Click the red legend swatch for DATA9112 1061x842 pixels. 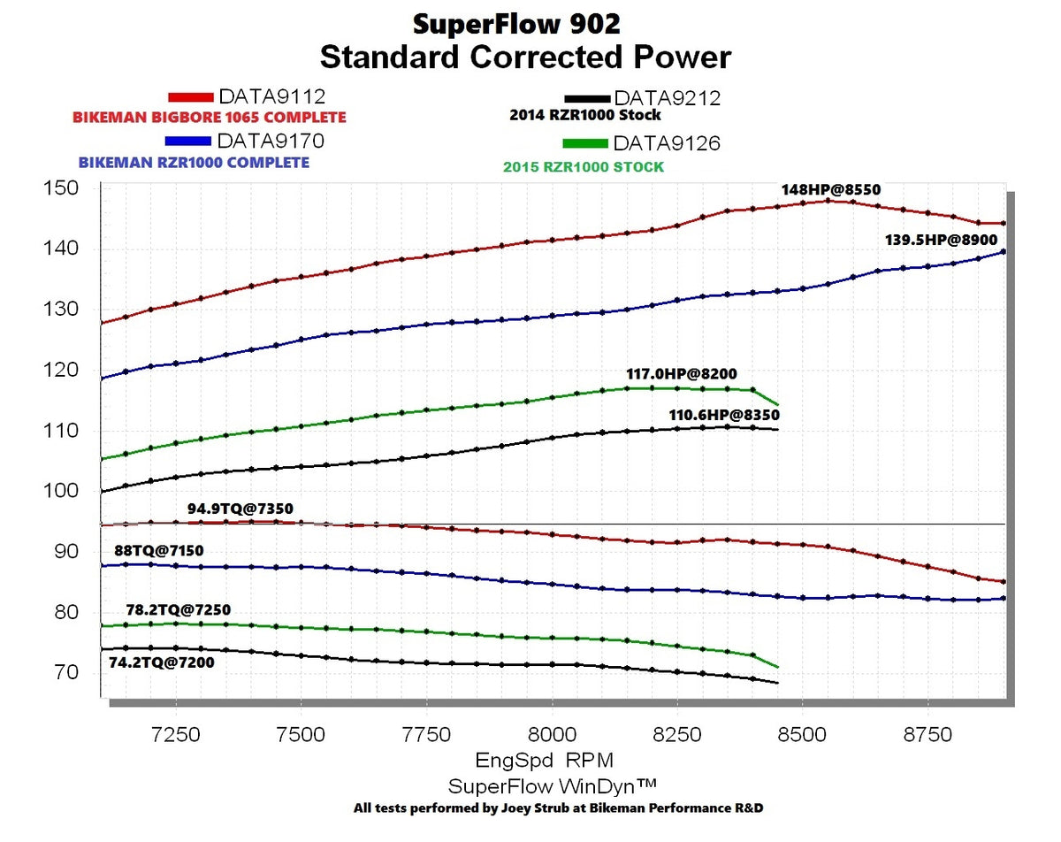[x=191, y=96]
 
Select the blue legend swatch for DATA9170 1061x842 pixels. [x=187, y=141]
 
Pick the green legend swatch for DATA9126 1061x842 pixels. [x=584, y=143]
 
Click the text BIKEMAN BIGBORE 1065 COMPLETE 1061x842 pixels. [x=209, y=117]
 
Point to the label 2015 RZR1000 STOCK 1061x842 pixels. [x=583, y=166]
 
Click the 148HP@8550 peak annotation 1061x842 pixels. [x=830, y=189]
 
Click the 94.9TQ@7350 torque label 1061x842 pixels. [x=240, y=509]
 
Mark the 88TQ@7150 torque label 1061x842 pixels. [x=158, y=551]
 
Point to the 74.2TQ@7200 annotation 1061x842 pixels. [x=161, y=661]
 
